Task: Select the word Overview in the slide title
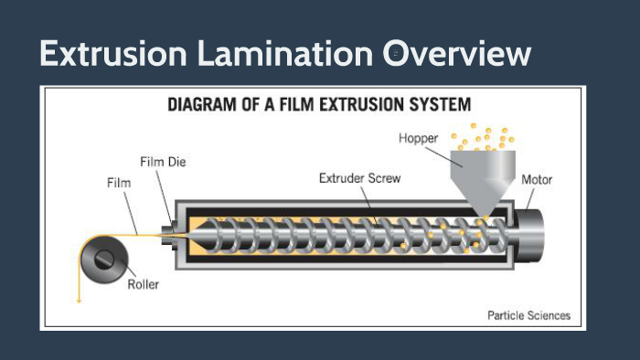click(456, 53)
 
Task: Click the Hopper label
click(420, 138)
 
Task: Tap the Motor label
click(537, 179)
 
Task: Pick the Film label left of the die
click(119, 183)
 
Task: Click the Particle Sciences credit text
click(529, 315)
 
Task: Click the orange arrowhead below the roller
click(79, 300)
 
